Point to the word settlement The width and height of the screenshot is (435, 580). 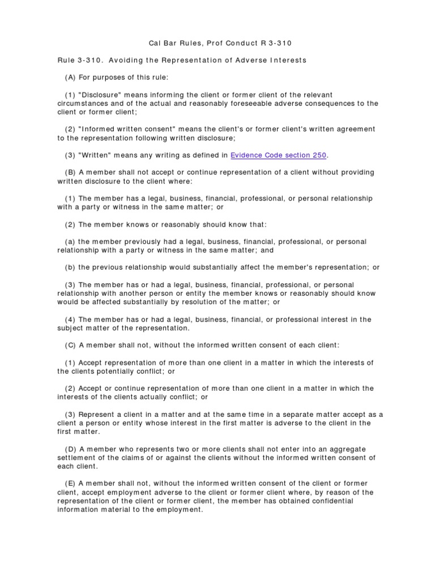(x=78, y=458)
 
